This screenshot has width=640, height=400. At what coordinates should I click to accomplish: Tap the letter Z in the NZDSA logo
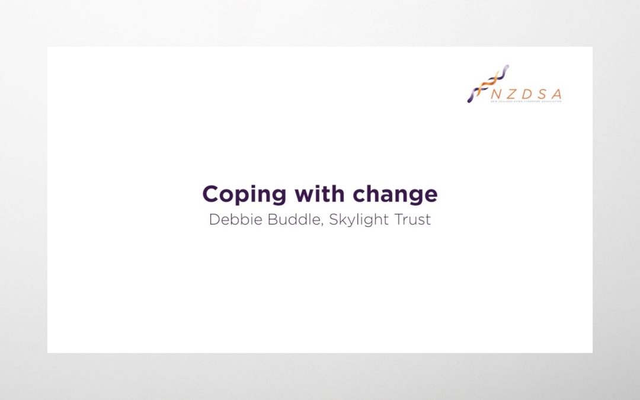click(511, 94)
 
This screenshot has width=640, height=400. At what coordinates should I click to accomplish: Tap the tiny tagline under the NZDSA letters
click(526, 102)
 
